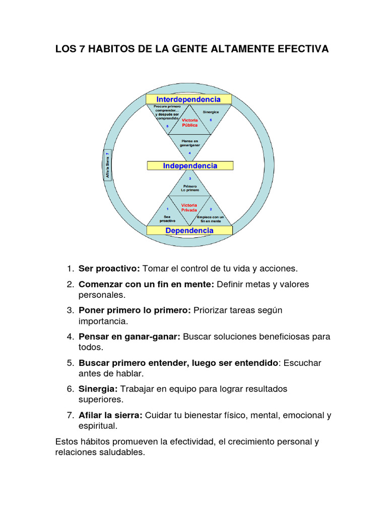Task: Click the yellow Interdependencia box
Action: [x=188, y=99]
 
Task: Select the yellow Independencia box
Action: [x=190, y=166]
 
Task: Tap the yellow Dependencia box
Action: [x=189, y=230]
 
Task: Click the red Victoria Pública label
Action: [x=189, y=122]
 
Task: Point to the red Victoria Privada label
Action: [x=189, y=208]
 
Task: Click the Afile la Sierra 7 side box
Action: [x=107, y=165]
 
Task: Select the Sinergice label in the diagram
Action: [x=211, y=112]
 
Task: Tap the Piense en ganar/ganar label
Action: [x=189, y=143]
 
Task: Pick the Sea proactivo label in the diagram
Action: [x=167, y=219]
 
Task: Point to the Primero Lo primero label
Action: [x=190, y=188]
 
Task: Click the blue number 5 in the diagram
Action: [x=167, y=126]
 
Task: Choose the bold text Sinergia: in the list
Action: [x=98, y=389]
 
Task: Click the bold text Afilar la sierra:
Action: [x=110, y=415]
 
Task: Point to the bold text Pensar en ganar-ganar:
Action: [x=129, y=337]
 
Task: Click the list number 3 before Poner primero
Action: [x=70, y=310]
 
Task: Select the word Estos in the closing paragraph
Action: [x=67, y=441]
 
